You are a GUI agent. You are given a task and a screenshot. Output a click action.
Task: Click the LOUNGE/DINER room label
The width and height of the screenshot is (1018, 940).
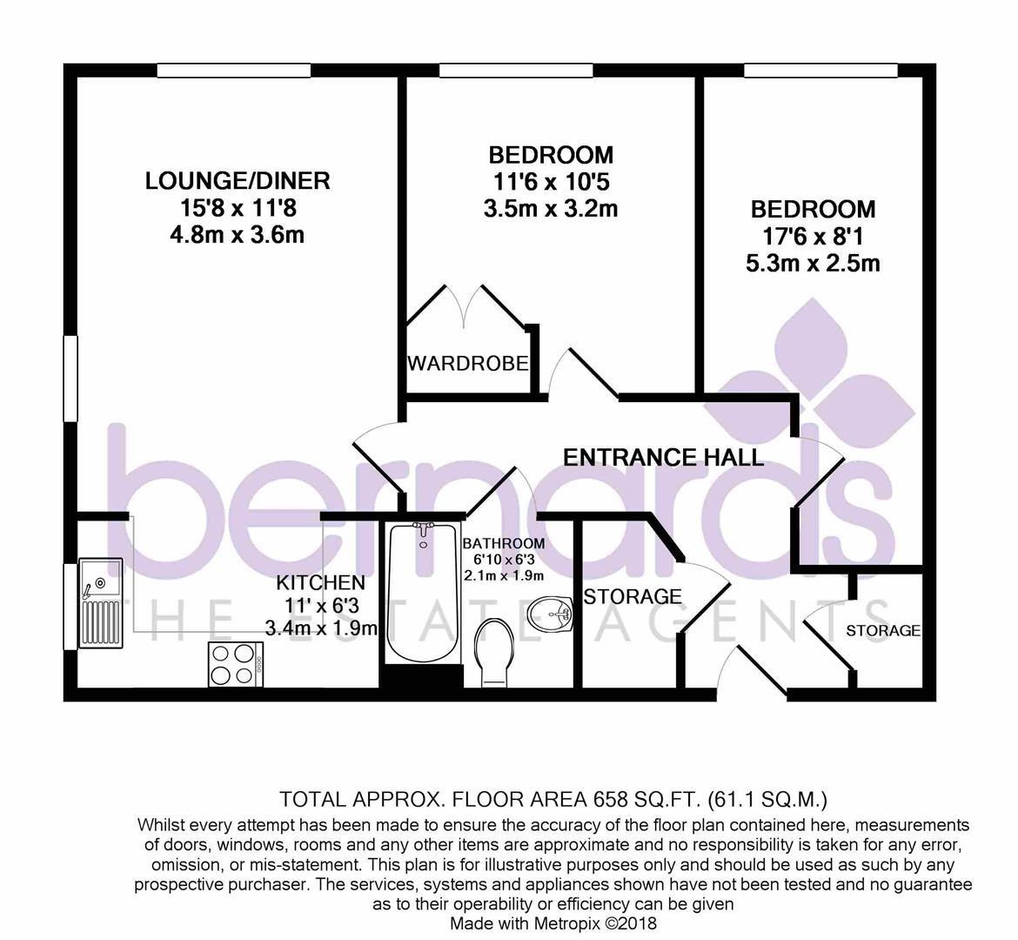238,181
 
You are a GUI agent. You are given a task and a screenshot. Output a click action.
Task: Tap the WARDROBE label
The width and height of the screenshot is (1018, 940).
468,363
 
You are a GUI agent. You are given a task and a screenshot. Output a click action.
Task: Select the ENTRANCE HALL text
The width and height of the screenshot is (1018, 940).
663,457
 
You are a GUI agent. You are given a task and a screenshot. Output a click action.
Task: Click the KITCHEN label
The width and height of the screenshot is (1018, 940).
320,582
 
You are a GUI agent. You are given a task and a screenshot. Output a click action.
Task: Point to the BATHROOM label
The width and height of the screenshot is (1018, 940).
504,544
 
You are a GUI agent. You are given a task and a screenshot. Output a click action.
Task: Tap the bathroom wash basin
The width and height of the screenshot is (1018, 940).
551,614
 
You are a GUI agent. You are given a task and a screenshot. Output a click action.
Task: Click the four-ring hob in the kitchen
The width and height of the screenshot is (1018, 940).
236,663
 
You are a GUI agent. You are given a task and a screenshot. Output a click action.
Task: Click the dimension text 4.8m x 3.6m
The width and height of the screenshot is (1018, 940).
238,235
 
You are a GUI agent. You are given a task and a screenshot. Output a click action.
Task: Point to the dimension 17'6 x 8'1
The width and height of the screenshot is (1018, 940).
814,237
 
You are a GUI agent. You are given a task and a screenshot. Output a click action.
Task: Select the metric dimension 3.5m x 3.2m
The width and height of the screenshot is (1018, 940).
551,209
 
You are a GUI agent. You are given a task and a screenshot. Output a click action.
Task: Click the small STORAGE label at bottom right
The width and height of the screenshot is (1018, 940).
883,631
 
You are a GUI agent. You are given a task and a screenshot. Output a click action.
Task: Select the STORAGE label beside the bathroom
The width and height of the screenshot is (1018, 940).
633,597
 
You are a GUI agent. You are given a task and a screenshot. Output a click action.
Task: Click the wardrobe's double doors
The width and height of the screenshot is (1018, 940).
466,309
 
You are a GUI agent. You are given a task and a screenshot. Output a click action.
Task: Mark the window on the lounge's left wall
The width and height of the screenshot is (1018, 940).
70,380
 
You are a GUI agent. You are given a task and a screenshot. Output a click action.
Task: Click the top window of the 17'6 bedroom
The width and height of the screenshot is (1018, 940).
820,70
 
